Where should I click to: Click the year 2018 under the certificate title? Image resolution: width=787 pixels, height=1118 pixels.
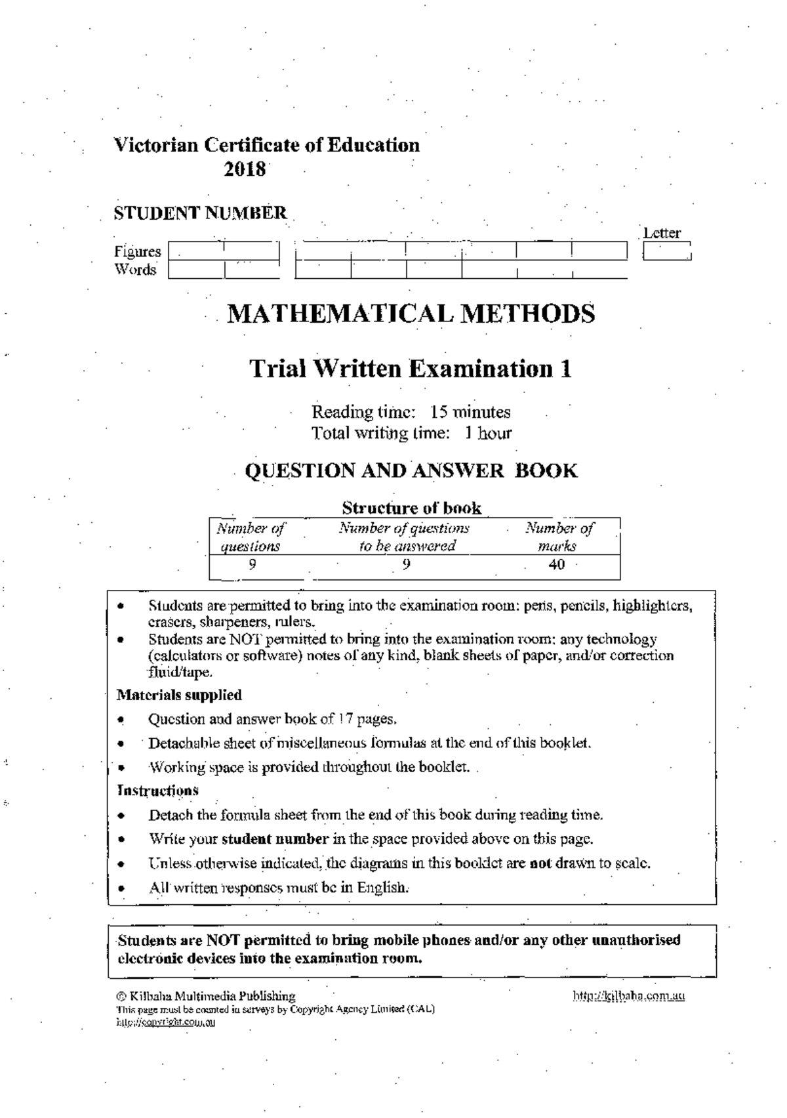coord(245,169)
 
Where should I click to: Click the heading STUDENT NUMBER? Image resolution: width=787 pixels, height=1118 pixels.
coord(200,213)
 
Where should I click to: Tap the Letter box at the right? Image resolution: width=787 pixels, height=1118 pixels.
coord(667,251)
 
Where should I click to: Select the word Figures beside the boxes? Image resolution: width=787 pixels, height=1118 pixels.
coord(138,251)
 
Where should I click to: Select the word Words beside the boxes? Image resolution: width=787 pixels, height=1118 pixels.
coord(135,270)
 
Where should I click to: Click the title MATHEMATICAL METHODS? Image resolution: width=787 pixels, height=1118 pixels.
coord(411,314)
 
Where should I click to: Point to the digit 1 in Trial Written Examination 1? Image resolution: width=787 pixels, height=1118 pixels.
coord(565,369)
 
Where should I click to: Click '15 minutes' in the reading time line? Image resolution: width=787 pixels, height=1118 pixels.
coord(470,412)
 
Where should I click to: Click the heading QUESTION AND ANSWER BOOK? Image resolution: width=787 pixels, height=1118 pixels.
coord(411,470)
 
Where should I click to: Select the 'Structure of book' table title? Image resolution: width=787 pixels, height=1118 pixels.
coord(411,508)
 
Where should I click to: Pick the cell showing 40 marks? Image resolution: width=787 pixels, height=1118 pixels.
coord(556,565)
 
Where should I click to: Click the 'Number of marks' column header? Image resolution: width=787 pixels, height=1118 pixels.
coord(559,537)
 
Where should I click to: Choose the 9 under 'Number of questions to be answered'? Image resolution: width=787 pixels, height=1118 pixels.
coord(406,565)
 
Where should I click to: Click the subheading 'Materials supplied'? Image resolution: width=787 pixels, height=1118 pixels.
coord(179,695)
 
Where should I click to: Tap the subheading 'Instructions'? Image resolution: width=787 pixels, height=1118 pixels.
coord(157,791)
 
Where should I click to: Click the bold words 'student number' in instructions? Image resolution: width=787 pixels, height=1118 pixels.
coord(275,838)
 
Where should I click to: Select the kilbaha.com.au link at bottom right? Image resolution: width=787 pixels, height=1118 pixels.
coord(629,996)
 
